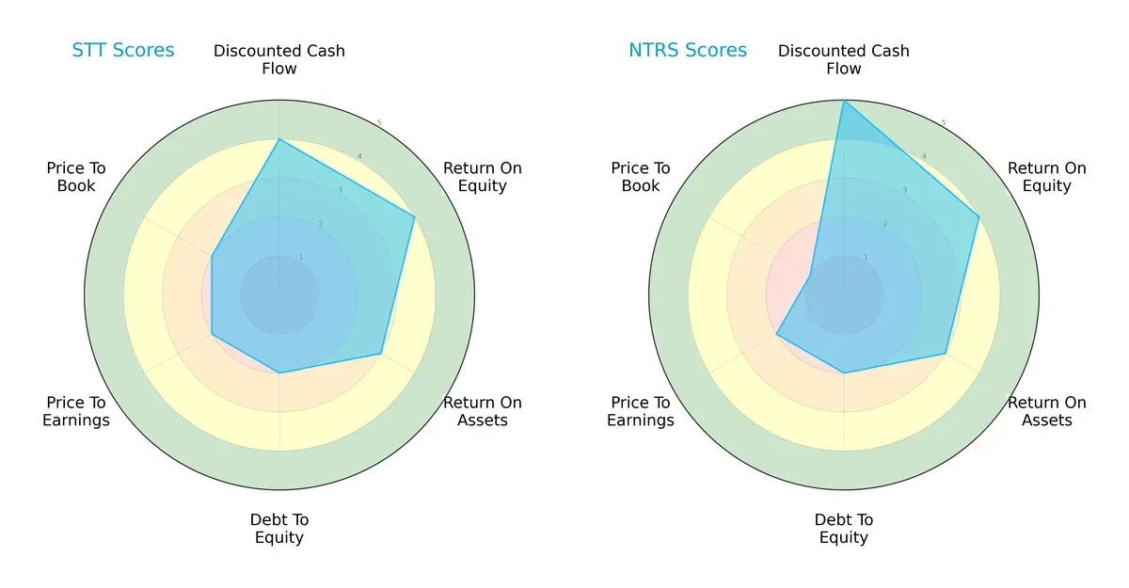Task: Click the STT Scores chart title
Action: click(123, 50)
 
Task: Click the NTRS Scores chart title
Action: click(688, 50)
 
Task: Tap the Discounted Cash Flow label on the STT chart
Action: click(279, 59)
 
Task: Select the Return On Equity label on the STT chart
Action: click(483, 177)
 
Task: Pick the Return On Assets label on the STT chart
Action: click(483, 411)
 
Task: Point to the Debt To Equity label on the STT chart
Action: click(279, 529)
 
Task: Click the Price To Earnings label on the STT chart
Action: click(76, 411)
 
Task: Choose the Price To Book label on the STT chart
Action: click(76, 177)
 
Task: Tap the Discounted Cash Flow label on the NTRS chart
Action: click(844, 59)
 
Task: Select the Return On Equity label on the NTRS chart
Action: click(1047, 177)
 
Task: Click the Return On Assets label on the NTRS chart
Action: click(1047, 411)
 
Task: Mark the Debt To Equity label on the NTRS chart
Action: click(844, 529)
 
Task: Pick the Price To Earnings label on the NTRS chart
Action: click(641, 411)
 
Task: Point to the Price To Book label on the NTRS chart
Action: click(641, 177)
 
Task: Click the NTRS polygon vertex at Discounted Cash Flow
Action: click(844, 101)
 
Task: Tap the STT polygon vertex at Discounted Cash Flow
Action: click(279, 139)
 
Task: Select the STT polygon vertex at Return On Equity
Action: click(414, 217)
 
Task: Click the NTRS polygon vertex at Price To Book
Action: click(810, 275)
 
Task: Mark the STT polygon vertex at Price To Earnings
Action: click(212, 334)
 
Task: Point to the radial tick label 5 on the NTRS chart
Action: click(944, 122)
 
